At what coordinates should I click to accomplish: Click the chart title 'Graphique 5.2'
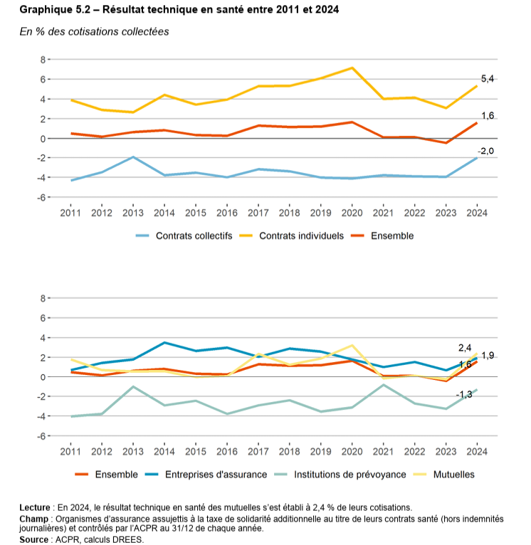click(x=54, y=10)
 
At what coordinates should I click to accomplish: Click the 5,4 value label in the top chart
click(x=488, y=79)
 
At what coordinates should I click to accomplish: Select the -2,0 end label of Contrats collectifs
click(x=485, y=151)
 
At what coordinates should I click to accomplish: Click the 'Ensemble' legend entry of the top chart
click(x=392, y=236)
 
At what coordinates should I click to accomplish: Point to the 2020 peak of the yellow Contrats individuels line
click(x=352, y=68)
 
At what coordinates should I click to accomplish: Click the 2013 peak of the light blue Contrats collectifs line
click(x=132, y=157)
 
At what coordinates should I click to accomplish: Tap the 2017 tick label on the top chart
click(x=258, y=213)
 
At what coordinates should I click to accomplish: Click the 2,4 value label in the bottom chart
click(x=465, y=348)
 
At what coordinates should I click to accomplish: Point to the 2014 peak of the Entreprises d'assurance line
click(x=164, y=343)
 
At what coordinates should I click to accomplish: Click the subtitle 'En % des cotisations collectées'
click(x=94, y=32)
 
